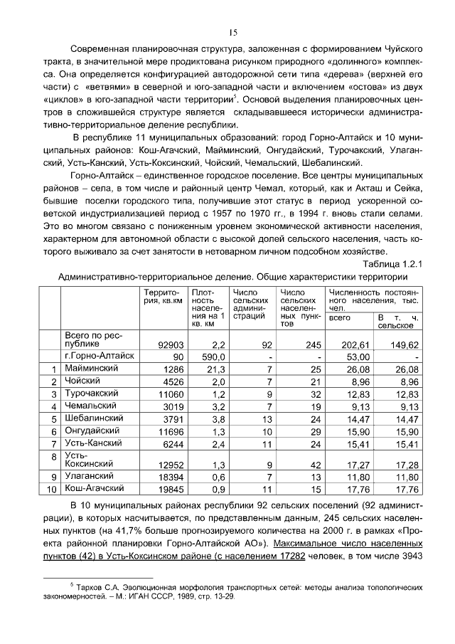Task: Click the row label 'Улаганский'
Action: [87, 476]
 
